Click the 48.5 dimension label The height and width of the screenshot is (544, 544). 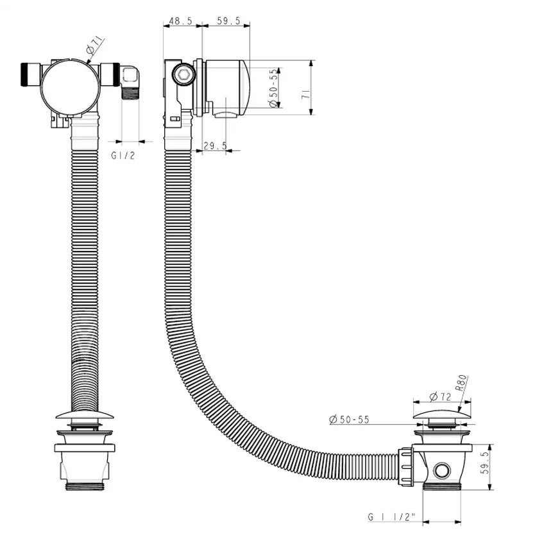tap(180, 21)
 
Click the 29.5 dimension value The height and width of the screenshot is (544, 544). tap(214, 146)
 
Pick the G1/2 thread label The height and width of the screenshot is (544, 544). tap(123, 155)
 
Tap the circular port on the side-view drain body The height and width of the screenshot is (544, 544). tap(441, 470)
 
